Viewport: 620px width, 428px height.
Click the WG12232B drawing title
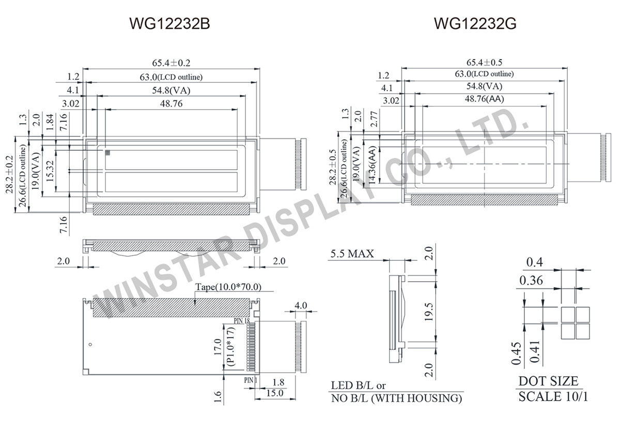(x=169, y=24)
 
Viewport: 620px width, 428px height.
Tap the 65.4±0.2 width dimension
(x=170, y=63)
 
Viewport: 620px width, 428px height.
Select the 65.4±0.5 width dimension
(x=485, y=63)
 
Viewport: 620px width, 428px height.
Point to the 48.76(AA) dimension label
(x=485, y=99)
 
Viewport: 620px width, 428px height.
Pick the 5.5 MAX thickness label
(x=351, y=255)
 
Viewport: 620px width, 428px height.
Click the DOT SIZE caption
(x=548, y=382)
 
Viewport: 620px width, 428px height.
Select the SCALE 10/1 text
(x=553, y=397)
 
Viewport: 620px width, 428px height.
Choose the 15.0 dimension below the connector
(x=273, y=394)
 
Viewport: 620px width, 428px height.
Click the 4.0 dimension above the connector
(x=301, y=305)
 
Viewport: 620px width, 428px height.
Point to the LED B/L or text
(x=358, y=386)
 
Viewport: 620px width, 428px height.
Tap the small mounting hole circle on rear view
(x=90, y=345)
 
